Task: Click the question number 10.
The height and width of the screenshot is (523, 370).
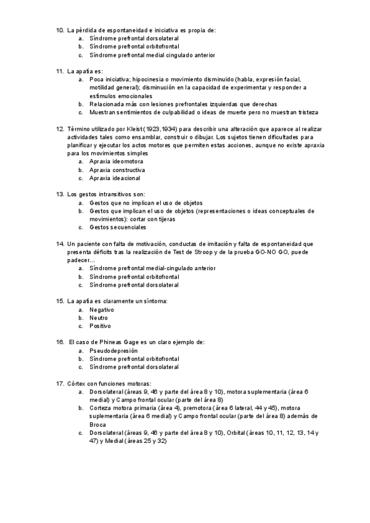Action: tap(60, 30)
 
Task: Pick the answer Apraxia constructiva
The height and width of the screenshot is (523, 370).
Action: tap(117, 170)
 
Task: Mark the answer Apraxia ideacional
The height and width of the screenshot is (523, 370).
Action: tap(115, 178)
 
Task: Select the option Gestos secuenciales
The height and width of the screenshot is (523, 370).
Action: tap(118, 227)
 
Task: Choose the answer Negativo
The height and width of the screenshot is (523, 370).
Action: tap(102, 309)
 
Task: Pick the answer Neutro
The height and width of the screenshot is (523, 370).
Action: tap(99, 318)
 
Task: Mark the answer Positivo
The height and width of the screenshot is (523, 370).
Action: tap(100, 326)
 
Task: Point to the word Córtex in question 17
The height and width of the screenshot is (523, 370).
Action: tap(78, 384)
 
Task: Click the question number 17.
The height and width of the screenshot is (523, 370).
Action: tap(60, 384)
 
